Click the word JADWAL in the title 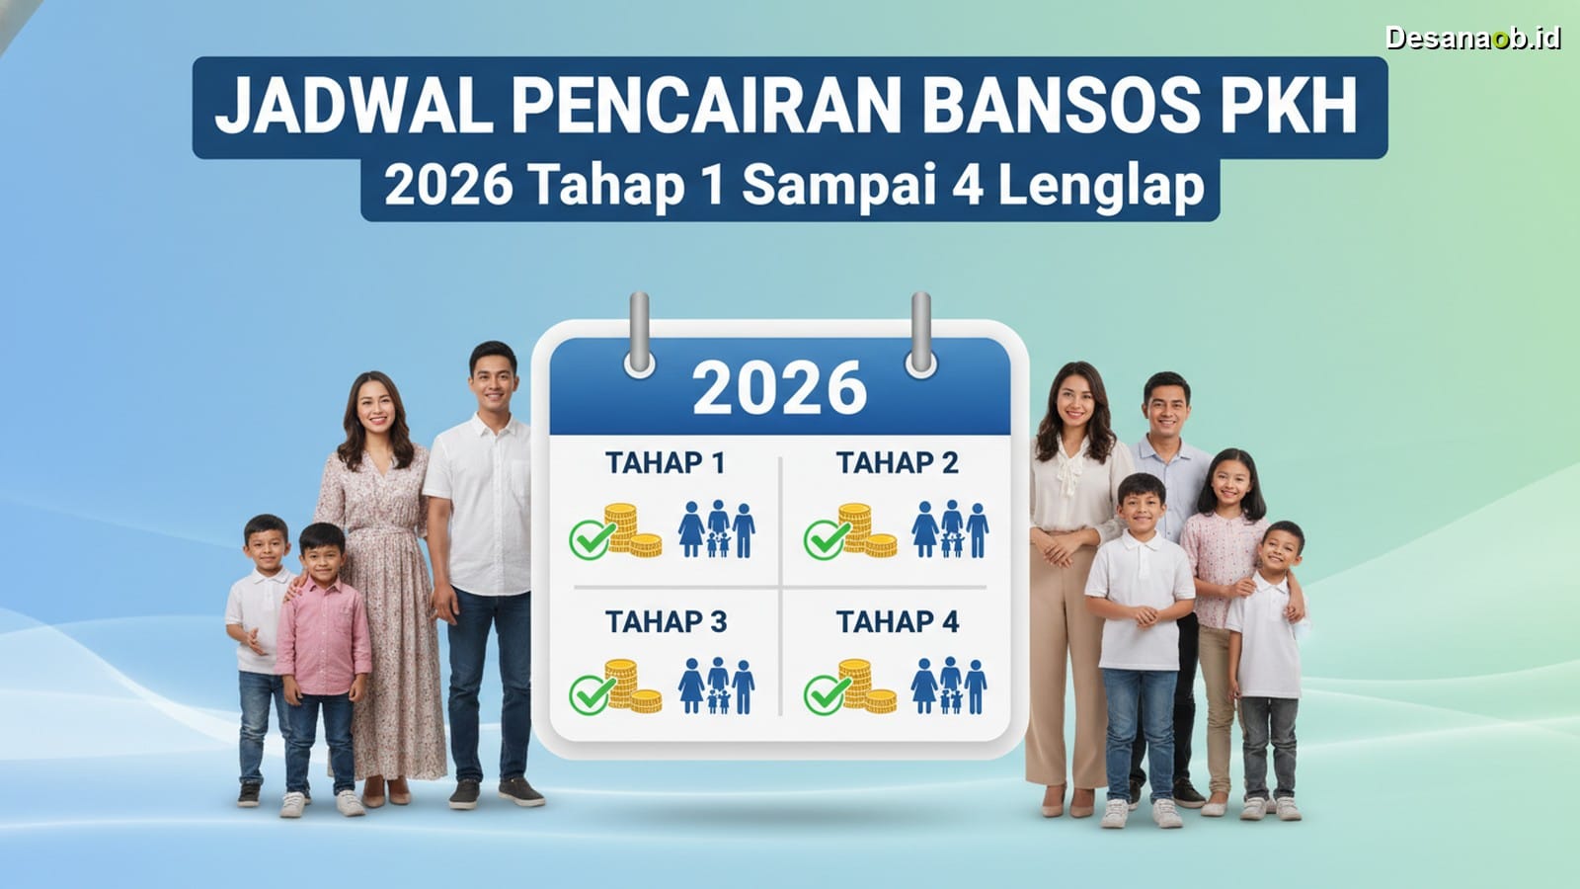tap(355, 106)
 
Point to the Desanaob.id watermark tap(1472, 39)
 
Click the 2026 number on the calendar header tap(779, 389)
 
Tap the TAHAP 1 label tap(666, 463)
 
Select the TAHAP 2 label tap(898, 463)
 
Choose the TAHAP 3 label tap(666, 622)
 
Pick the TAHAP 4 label tap(898, 622)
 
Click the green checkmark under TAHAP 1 tap(592, 539)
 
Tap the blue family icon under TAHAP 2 tap(949, 529)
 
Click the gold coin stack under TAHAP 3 tap(632, 686)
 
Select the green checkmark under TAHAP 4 tap(826, 695)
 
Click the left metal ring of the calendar tap(640, 334)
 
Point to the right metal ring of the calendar tap(921, 334)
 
